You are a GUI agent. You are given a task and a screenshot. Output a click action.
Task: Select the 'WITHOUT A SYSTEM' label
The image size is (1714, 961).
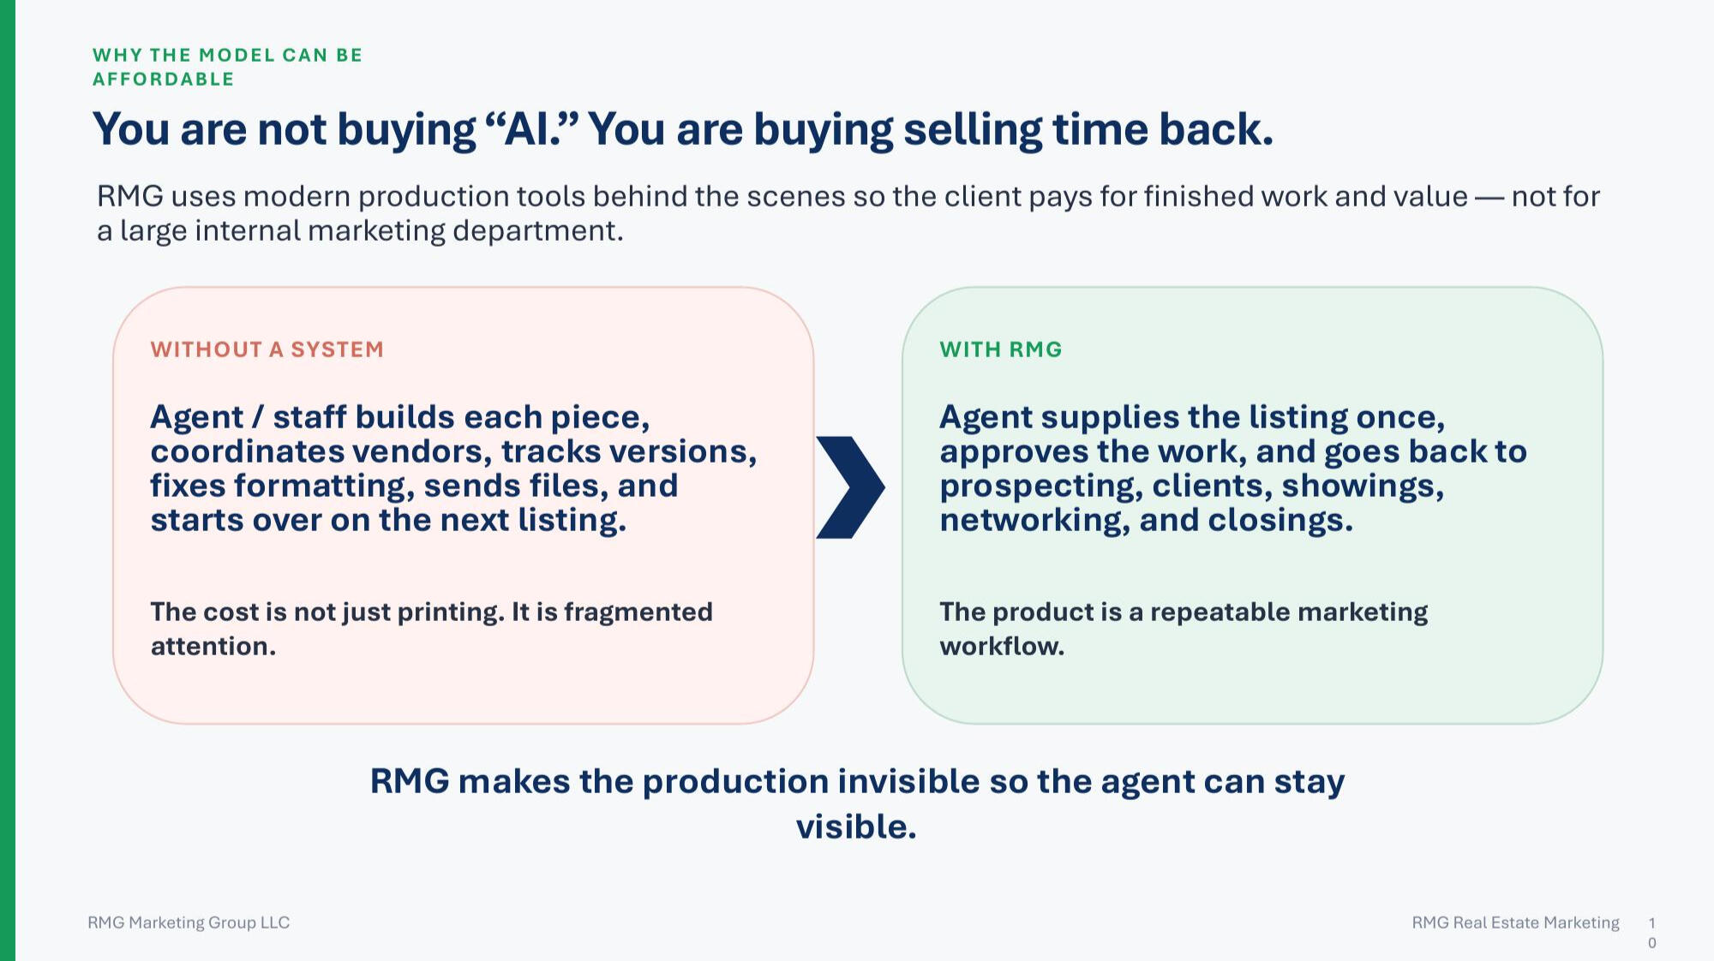(267, 349)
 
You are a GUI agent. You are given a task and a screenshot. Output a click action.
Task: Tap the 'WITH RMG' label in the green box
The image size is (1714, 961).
(1001, 349)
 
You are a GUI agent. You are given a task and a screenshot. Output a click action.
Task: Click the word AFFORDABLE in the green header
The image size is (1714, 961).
(164, 79)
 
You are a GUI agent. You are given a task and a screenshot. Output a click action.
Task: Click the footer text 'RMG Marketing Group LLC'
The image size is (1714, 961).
(189, 922)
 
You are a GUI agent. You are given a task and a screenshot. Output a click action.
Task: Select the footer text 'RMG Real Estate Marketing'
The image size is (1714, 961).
(1516, 922)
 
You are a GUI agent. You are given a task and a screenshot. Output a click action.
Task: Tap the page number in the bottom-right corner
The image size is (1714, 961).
(1651, 933)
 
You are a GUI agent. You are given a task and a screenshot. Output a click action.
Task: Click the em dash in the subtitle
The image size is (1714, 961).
(1489, 198)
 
